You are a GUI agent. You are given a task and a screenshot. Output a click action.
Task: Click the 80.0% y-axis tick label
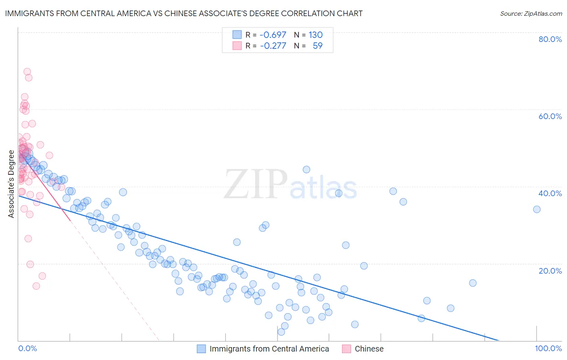coord(550,39)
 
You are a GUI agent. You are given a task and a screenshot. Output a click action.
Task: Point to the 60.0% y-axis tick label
coord(550,116)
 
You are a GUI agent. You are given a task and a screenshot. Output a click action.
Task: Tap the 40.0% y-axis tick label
coord(550,193)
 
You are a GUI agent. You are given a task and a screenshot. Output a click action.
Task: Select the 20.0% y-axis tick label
coord(550,270)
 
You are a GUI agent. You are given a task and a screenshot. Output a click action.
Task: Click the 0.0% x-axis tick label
coord(27,348)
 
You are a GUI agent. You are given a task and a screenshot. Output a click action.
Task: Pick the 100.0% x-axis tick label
coord(548,348)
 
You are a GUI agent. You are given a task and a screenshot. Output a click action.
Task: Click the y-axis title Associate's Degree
coord(11,184)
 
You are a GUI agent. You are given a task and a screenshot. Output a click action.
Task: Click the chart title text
coord(183,13)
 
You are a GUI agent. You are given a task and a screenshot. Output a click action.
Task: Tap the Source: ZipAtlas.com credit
coord(531,13)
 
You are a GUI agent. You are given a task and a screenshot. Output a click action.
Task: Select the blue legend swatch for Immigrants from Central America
coord(201,349)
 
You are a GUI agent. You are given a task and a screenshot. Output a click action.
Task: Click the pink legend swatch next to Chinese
coord(346,349)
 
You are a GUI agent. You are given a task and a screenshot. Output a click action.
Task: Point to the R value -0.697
coord(273,35)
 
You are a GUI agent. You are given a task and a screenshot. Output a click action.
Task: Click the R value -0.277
coord(273,46)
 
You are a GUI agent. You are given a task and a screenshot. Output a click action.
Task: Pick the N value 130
coord(315,35)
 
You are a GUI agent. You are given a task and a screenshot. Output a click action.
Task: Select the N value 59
coord(317,46)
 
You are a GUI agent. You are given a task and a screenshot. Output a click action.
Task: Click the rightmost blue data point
coord(537,209)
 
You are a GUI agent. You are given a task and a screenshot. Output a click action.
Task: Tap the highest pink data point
coord(27,72)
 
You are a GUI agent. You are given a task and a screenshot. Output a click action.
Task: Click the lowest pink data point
coord(36,286)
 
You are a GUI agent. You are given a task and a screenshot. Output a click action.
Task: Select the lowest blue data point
coord(281,332)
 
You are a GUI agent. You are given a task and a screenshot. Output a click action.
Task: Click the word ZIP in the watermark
coord(256,184)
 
